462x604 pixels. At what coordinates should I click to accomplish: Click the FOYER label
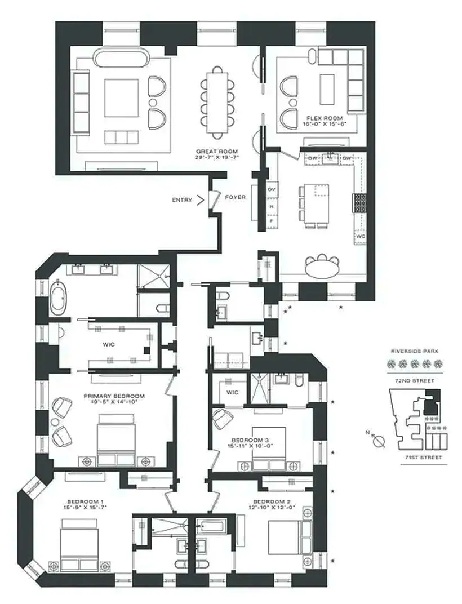(x=236, y=198)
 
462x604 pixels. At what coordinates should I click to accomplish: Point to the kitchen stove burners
(x=358, y=202)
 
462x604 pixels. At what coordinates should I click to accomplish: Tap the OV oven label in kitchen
(x=271, y=189)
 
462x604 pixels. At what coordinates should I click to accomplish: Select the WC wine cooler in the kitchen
(x=359, y=237)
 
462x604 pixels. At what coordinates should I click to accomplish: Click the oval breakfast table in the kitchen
(x=322, y=267)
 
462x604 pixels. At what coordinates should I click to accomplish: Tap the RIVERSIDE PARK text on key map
(x=415, y=350)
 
